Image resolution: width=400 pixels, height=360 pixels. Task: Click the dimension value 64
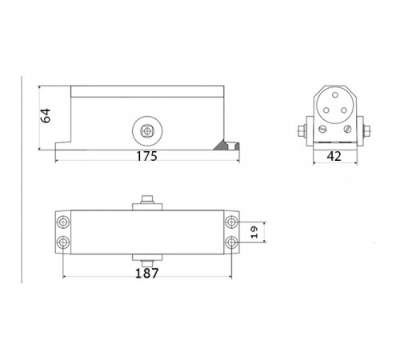click(46, 115)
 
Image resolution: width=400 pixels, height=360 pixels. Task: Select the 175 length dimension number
click(146, 156)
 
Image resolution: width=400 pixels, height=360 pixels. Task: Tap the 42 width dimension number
click(334, 156)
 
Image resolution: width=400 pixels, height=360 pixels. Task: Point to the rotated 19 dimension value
click(254, 232)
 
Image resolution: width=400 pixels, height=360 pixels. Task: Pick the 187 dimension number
click(147, 274)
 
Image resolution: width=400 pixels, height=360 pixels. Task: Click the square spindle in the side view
click(146, 130)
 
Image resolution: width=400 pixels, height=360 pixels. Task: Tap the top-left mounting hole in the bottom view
click(63, 222)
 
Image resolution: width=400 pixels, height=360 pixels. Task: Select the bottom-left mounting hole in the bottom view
click(63, 242)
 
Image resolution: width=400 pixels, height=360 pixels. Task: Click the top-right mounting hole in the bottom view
click(231, 222)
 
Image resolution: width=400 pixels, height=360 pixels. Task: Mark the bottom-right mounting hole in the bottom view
click(231, 242)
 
